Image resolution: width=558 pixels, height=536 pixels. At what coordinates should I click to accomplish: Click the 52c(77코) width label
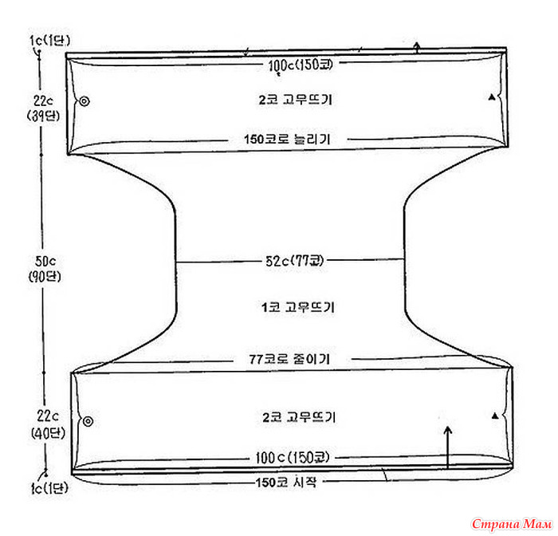(295, 261)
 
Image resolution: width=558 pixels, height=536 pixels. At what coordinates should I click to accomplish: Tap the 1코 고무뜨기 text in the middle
(298, 307)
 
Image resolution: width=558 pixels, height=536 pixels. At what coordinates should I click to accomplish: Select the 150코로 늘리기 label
(287, 139)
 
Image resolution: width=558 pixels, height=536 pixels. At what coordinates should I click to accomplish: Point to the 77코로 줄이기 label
(289, 359)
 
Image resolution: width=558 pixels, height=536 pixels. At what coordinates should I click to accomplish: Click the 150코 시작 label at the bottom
(286, 483)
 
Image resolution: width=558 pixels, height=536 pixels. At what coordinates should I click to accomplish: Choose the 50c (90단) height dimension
(45, 269)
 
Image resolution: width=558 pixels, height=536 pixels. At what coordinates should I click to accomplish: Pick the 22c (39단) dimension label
(43, 108)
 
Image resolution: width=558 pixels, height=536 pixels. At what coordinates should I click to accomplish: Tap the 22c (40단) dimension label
(48, 424)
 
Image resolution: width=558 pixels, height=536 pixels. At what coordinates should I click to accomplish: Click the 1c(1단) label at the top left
(49, 40)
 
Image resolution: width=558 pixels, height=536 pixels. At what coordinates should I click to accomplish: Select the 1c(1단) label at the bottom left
(49, 488)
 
